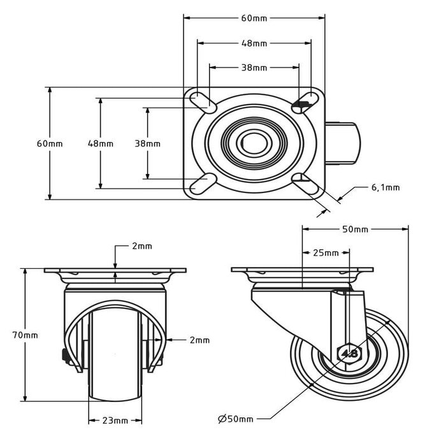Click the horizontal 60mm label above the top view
(x=254, y=18)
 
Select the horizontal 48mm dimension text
(x=254, y=43)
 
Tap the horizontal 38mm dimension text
(x=254, y=68)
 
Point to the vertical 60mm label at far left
(x=50, y=143)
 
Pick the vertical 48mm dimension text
(x=100, y=143)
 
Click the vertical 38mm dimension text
(x=147, y=143)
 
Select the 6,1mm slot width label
(x=385, y=187)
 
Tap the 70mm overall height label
(x=25, y=334)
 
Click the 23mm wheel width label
(x=115, y=421)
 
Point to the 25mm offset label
(x=326, y=253)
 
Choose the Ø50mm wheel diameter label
(x=235, y=419)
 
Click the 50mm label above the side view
(x=355, y=229)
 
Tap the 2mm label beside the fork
(x=199, y=340)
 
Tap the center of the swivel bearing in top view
(x=254, y=143)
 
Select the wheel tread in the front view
(x=115, y=357)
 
